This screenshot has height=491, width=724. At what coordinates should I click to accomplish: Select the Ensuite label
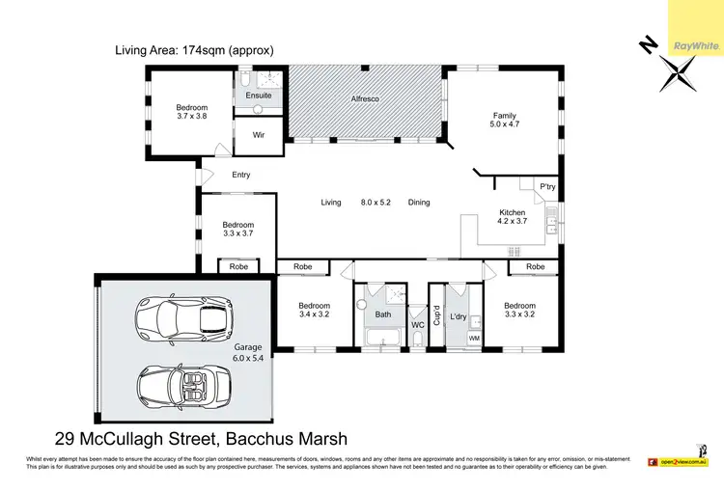(x=259, y=95)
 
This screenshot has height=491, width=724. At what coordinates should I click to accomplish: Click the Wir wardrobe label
(x=259, y=135)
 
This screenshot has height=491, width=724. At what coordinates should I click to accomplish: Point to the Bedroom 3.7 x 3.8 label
(x=191, y=111)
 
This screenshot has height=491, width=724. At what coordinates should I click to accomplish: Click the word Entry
(x=241, y=175)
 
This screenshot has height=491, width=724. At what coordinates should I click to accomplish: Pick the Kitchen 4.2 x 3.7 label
(x=512, y=217)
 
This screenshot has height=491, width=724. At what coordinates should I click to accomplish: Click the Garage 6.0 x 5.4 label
(x=248, y=352)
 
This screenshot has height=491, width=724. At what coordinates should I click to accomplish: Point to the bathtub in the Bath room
(x=384, y=339)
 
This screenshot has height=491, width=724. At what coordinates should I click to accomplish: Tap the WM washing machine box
(x=474, y=339)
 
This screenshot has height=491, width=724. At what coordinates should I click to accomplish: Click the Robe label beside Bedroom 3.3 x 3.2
(x=535, y=266)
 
